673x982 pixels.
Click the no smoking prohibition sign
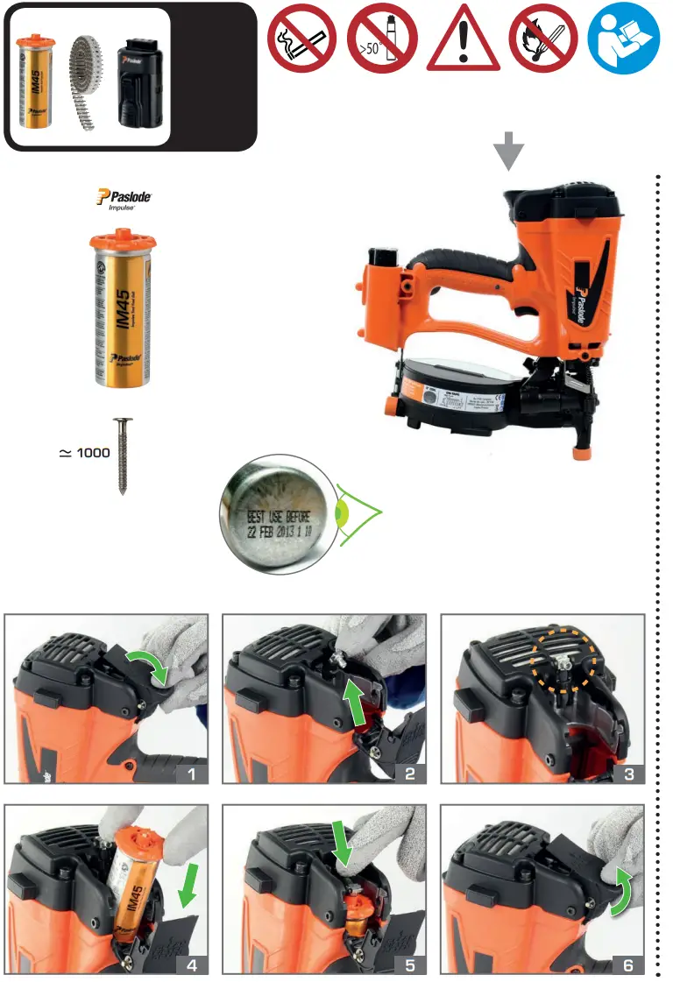pyautogui.click(x=301, y=39)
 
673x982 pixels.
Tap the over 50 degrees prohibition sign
pyautogui.click(x=382, y=39)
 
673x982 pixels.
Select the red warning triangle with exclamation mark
pyautogui.click(x=464, y=42)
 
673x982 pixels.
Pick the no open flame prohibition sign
pyautogui.click(x=544, y=39)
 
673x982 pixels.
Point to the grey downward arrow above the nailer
pyautogui.click(x=508, y=152)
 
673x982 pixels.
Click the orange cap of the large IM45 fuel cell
pyautogui.click(x=124, y=241)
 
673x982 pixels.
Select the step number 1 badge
pyautogui.click(x=191, y=772)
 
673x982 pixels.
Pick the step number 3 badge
pyautogui.click(x=628, y=772)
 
